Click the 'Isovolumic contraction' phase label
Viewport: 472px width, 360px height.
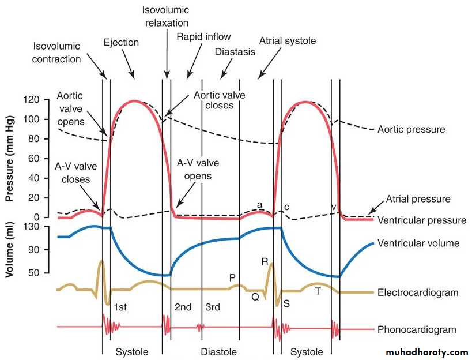coord(56,52)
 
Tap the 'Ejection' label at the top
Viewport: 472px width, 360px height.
coord(121,42)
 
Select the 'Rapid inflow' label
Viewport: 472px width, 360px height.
coord(203,37)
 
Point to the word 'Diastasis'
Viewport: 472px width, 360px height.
coord(235,52)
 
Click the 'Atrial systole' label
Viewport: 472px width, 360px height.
coord(288,40)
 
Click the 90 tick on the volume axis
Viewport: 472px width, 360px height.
coord(33,250)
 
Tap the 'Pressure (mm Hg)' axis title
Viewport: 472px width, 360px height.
coord(10,159)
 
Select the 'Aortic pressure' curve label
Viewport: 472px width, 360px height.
coord(411,129)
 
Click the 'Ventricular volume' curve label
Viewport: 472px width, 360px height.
coord(418,243)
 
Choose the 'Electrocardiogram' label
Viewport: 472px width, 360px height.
coord(418,292)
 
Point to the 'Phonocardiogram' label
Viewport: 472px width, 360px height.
coord(417,329)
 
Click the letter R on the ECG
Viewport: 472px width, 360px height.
coord(265,261)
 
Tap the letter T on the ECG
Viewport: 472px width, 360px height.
coord(318,291)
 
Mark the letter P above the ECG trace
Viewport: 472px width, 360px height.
coord(232,277)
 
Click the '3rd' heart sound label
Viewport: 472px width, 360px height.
coord(213,307)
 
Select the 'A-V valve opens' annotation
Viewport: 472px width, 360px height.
coord(198,169)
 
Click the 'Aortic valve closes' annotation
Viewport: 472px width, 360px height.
coord(219,100)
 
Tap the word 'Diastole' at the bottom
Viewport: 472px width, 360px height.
coord(218,352)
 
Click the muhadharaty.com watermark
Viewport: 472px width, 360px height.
coord(426,352)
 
